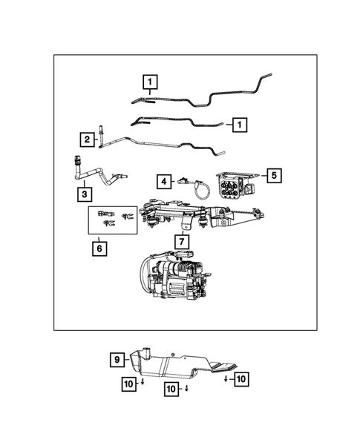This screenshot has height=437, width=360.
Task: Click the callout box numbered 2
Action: pyautogui.click(x=87, y=139)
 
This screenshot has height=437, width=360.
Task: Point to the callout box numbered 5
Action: pyautogui.click(x=274, y=175)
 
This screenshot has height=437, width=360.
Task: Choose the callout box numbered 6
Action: pyautogui.click(x=99, y=249)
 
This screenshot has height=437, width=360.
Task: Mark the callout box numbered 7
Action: pyautogui.click(x=180, y=242)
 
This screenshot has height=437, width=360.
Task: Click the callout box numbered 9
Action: pyautogui.click(x=117, y=361)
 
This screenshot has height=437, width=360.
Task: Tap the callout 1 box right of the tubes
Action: pyautogui.click(x=239, y=125)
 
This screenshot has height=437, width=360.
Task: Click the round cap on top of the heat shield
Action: pyautogui.click(x=148, y=347)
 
